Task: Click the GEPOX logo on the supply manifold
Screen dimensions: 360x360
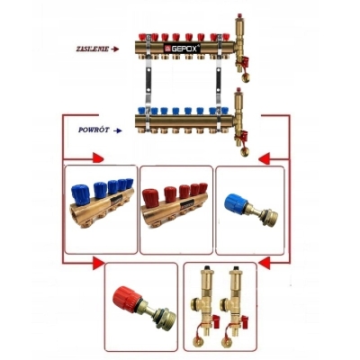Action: [x=182, y=49]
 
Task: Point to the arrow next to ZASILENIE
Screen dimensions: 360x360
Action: [x=115, y=49]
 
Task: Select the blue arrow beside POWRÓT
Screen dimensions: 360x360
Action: [x=118, y=130]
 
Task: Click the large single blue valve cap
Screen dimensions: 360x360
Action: [x=236, y=204]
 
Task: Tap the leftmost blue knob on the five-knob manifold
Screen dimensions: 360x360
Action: [x=79, y=195]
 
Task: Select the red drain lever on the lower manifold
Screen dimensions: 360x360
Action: [x=243, y=136]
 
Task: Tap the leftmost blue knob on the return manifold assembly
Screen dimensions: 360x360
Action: [x=141, y=111]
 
